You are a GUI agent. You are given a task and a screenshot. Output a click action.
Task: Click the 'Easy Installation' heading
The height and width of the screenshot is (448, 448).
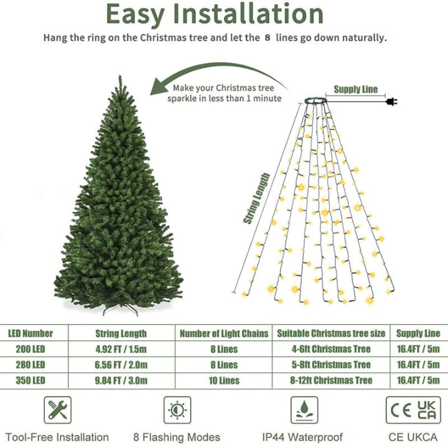click(215, 14)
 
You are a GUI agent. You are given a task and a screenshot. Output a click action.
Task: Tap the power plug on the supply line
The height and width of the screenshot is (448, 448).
click(391, 101)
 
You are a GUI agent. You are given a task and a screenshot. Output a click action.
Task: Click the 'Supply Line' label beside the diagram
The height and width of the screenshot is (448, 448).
click(355, 90)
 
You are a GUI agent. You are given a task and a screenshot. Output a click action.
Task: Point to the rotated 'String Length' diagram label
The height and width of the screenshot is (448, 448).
click(256, 198)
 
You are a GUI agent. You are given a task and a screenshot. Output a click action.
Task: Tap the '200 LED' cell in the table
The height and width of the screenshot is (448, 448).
click(30, 349)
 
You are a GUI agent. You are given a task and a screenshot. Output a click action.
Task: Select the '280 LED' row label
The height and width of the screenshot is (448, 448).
click(30, 365)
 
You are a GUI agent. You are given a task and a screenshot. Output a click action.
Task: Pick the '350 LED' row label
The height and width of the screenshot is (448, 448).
click(30, 380)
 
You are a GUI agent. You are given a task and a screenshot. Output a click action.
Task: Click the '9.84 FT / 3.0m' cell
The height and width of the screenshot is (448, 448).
click(121, 380)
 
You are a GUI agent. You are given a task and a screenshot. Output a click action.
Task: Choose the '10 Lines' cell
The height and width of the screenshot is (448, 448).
click(224, 380)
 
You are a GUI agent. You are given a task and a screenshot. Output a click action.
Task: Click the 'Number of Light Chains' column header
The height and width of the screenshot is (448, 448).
click(224, 334)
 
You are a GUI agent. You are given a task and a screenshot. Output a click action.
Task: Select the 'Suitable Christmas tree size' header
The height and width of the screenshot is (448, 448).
click(330, 334)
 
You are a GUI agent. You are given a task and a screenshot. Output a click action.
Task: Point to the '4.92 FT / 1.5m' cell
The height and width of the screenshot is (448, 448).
click(121, 349)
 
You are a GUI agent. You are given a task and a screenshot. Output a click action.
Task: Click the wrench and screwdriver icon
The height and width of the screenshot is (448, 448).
click(59, 410)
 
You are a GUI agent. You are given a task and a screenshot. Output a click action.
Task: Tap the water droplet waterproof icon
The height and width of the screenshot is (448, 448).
click(304, 410)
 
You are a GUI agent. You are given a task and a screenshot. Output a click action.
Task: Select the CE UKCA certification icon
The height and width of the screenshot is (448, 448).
click(413, 410)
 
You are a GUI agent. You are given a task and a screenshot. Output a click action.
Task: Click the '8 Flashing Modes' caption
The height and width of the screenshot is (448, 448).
click(177, 437)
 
